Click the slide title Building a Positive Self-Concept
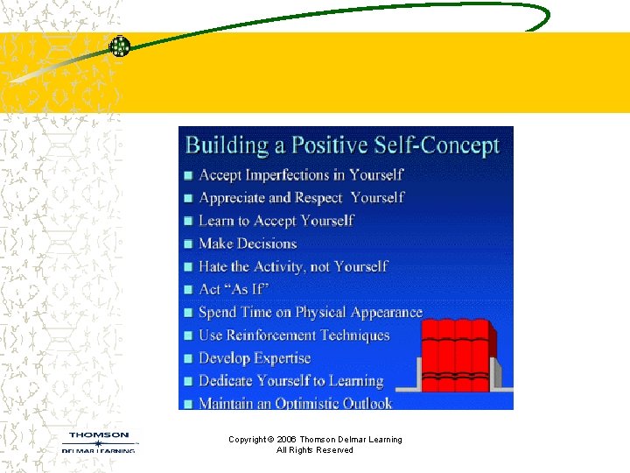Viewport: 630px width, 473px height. click(342, 145)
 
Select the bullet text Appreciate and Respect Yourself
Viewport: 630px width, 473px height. click(301, 198)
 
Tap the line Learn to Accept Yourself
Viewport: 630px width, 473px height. click(276, 221)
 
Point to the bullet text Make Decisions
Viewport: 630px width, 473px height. click(248, 244)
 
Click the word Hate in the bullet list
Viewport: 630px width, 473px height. click(213, 266)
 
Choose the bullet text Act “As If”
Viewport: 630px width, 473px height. click(233, 289)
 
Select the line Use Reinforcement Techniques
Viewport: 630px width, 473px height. click(294, 335)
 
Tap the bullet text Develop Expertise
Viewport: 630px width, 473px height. click(255, 358)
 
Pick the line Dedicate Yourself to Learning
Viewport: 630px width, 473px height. click(290, 381)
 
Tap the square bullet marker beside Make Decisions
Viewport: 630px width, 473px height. click(187, 244)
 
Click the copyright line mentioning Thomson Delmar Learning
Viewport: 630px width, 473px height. click(315, 439)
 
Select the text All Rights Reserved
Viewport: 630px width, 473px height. click(315, 450)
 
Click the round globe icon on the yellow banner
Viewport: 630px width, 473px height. click(119, 47)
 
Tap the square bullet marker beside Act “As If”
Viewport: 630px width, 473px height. click(187, 290)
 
